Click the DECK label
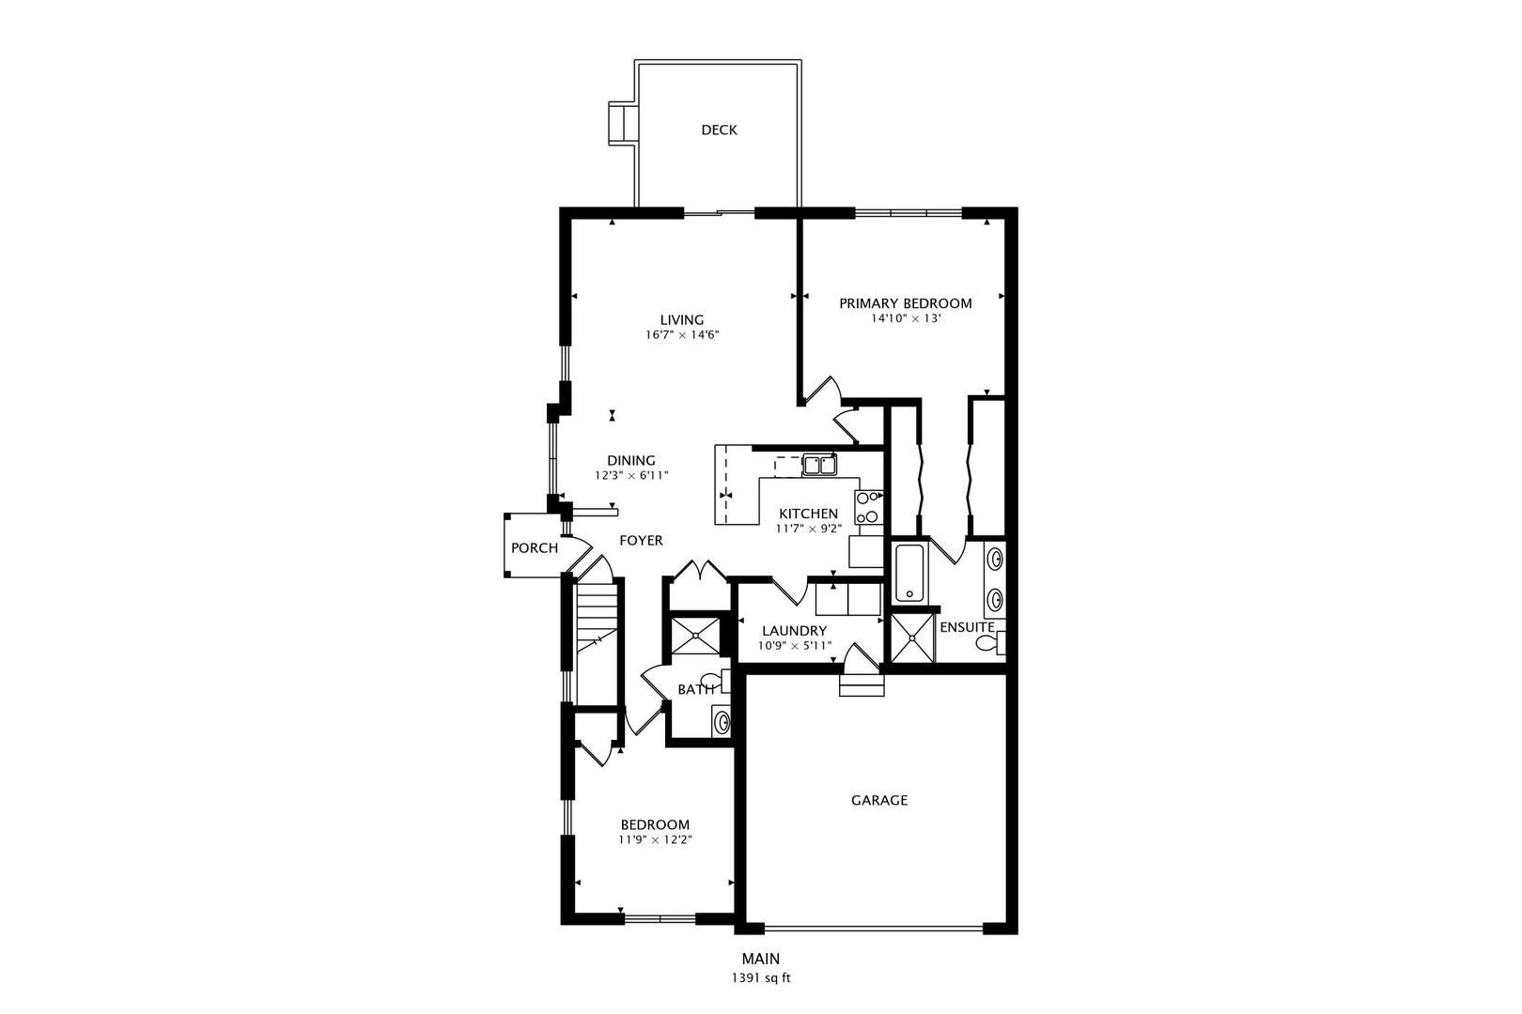[719, 130]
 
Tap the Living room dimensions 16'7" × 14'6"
[682, 335]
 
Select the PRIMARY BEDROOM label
[905, 303]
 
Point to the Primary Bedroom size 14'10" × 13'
[906, 318]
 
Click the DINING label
[631, 460]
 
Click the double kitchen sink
[819, 466]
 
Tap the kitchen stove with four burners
[869, 507]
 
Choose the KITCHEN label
[809, 514]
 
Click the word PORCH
[535, 548]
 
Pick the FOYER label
[641, 541]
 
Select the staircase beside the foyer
[596, 642]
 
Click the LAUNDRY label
[794, 631]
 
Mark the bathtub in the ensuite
[909, 573]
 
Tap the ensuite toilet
[989, 642]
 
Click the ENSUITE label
[967, 627]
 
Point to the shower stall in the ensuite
[912, 638]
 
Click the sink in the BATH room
[721, 721]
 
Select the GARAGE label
[879, 801]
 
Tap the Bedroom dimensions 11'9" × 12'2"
[655, 840]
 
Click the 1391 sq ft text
[761, 978]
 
